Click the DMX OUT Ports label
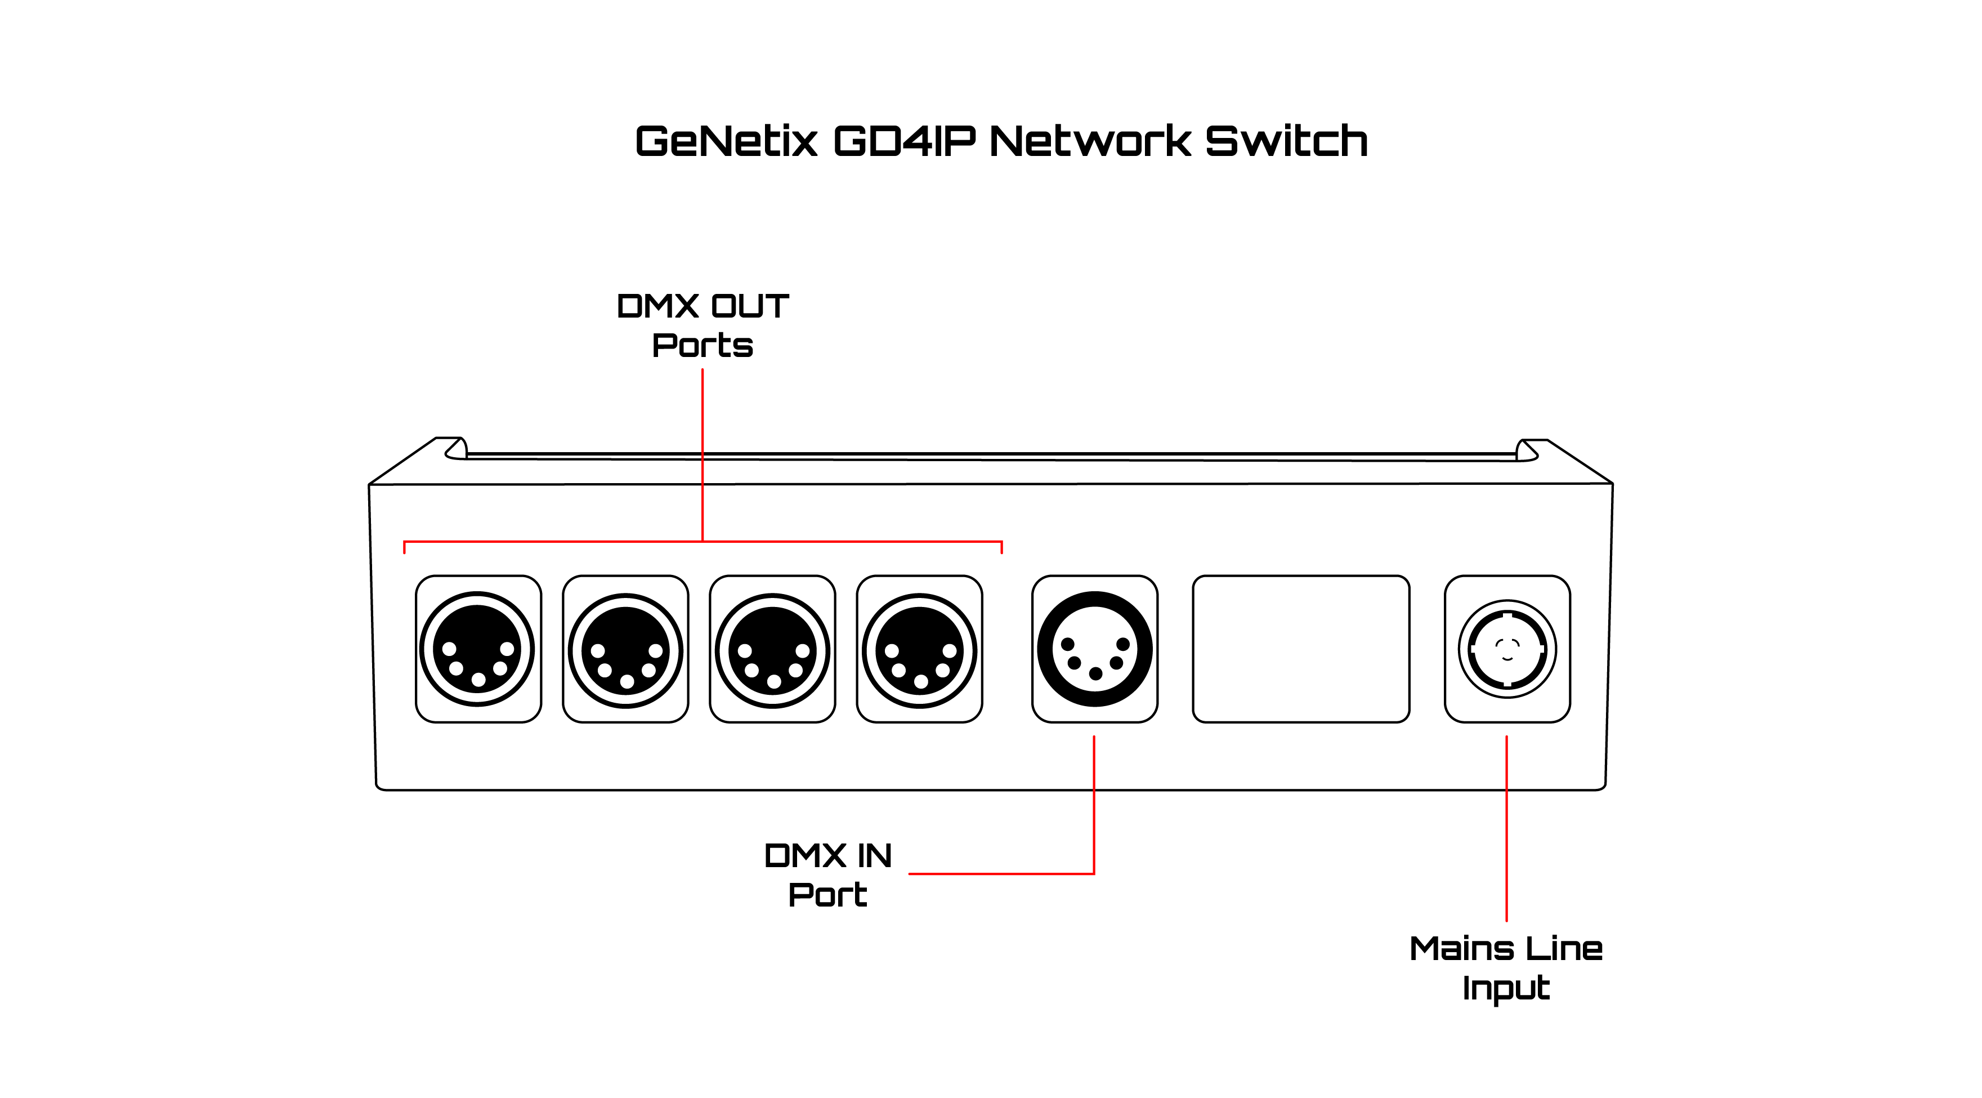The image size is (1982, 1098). [x=703, y=325]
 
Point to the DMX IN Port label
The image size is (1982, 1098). [x=828, y=875]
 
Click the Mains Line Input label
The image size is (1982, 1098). [x=1506, y=968]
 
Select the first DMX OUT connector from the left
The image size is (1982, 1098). [x=478, y=649]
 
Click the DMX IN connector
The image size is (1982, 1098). [x=1095, y=649]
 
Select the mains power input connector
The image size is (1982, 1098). [x=1507, y=649]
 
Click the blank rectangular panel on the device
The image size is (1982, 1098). [x=1301, y=649]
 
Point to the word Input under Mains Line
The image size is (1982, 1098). [x=1506, y=988]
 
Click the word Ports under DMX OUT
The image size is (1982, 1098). [x=703, y=346]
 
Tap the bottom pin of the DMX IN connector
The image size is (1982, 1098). [x=1095, y=674]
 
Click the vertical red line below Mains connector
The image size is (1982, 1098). [x=1506, y=827]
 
